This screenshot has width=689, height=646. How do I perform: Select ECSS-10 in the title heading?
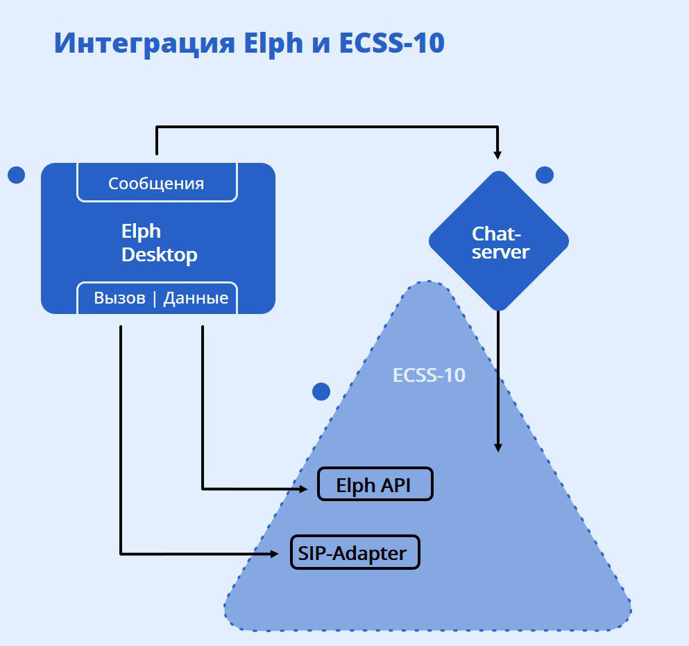click(391, 44)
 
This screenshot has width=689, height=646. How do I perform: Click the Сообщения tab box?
click(157, 184)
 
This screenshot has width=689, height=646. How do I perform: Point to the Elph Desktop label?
click(159, 243)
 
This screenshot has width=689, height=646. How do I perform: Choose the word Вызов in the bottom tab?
click(120, 298)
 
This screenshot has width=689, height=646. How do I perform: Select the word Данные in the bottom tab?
click(196, 298)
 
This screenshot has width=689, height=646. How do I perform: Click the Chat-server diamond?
click(499, 241)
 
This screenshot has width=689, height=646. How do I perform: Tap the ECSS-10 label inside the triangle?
click(429, 376)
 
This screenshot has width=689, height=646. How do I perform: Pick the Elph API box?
click(375, 484)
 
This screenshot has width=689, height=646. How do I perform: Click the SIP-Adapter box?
click(355, 552)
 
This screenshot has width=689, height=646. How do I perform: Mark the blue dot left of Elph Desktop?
click(16, 175)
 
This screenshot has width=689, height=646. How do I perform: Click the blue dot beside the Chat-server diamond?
click(545, 175)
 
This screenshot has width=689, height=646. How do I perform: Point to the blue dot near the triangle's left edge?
click(321, 392)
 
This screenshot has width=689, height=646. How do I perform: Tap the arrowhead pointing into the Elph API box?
click(304, 489)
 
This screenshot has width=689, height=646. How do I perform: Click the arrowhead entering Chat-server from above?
click(497, 153)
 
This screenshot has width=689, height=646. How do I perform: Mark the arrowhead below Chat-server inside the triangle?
click(497, 447)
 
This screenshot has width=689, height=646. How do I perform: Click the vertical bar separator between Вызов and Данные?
click(155, 299)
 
